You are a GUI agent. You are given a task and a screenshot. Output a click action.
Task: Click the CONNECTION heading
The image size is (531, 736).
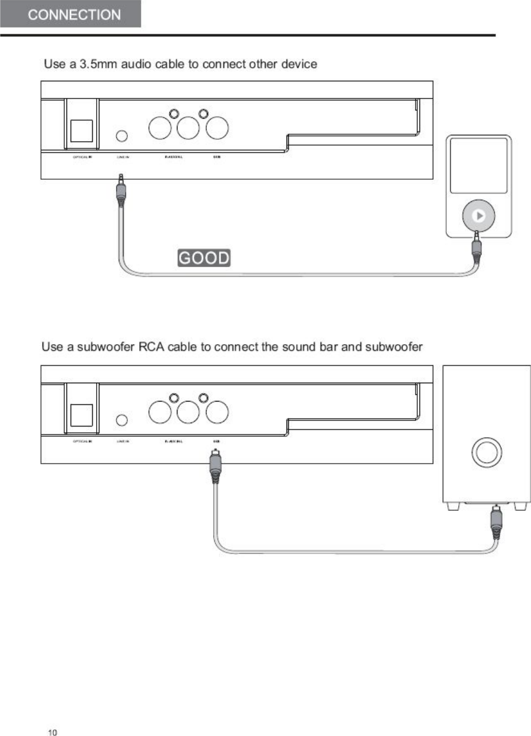(x=74, y=15)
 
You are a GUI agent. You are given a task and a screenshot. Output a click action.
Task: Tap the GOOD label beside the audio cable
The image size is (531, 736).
(x=204, y=258)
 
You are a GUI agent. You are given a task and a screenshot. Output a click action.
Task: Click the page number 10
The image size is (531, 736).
(x=52, y=732)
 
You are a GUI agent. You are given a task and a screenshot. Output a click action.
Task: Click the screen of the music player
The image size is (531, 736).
(x=478, y=165)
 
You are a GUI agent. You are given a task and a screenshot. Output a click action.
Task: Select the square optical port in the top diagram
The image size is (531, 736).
(x=81, y=131)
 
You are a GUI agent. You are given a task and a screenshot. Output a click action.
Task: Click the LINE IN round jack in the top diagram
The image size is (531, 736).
(x=122, y=136)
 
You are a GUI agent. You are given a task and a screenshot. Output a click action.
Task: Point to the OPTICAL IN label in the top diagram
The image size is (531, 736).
(x=82, y=157)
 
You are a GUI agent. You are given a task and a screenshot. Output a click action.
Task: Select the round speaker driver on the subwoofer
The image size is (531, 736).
(x=486, y=452)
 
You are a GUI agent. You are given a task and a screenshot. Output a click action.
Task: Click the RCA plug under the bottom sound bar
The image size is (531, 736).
(x=215, y=465)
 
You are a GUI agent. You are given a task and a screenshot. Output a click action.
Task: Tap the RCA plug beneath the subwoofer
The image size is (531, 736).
(x=496, y=524)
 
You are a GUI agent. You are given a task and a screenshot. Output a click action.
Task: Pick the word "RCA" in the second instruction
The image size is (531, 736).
(x=151, y=346)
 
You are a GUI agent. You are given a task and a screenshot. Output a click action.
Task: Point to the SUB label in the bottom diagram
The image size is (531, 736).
(x=217, y=441)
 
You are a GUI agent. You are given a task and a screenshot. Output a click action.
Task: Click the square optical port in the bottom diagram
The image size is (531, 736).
(x=81, y=415)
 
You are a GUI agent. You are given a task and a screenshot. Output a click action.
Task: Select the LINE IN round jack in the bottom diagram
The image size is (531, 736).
(x=122, y=420)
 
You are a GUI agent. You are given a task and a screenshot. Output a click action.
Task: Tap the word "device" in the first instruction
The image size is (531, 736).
(x=299, y=64)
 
